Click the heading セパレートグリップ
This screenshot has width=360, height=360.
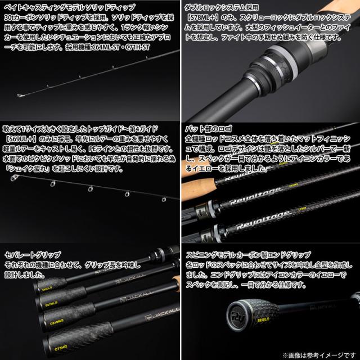coord(33,255)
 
